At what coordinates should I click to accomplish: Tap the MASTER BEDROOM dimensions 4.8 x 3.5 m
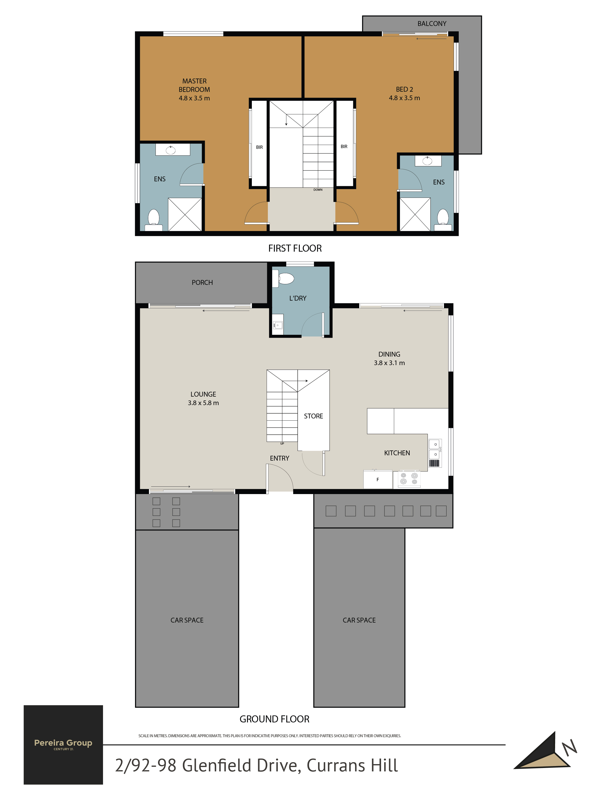(x=194, y=98)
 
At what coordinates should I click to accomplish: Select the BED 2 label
(x=404, y=89)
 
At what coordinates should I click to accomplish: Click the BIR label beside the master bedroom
(x=259, y=147)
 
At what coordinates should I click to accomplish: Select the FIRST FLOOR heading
(x=295, y=248)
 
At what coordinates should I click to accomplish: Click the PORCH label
(x=202, y=283)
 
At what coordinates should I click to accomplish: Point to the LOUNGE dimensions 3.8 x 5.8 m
(x=203, y=403)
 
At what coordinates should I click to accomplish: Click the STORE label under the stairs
(x=313, y=416)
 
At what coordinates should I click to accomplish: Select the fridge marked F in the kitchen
(x=378, y=479)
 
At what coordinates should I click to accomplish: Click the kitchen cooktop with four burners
(x=409, y=479)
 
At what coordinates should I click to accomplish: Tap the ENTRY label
(x=279, y=458)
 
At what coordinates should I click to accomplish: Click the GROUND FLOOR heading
(x=274, y=719)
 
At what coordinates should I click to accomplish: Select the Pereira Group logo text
(x=63, y=743)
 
